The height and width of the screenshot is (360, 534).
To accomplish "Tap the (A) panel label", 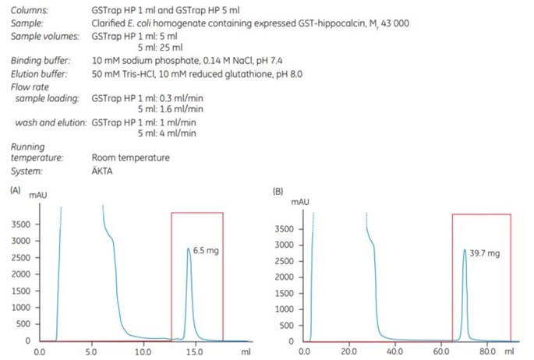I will click(15, 190).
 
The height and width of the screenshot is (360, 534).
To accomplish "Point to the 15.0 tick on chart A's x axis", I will click(195, 352).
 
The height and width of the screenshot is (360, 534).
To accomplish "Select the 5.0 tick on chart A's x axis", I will click(92, 352).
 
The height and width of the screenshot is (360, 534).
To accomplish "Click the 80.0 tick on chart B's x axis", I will click(488, 352).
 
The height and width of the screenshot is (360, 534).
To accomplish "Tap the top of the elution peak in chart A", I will click(189, 249).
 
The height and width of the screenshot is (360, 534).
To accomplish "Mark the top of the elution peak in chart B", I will click(465, 251).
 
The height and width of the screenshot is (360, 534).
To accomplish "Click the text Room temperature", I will click(130, 158).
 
